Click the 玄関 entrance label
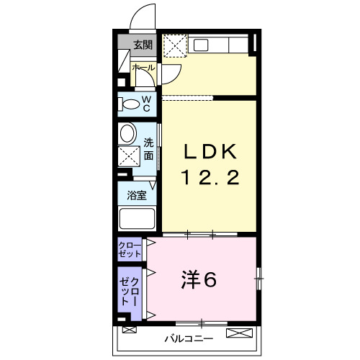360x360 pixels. tap(142, 45)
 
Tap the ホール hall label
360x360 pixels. tap(142, 68)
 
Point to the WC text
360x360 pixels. tap(146, 104)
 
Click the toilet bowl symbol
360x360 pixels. tap(130, 104)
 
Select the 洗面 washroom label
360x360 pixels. tap(148, 148)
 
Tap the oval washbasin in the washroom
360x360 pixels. tap(128, 133)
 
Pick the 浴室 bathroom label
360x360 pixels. tap(137, 195)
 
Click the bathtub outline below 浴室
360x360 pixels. tap(137, 219)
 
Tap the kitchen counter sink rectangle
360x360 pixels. tap(201, 45)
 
